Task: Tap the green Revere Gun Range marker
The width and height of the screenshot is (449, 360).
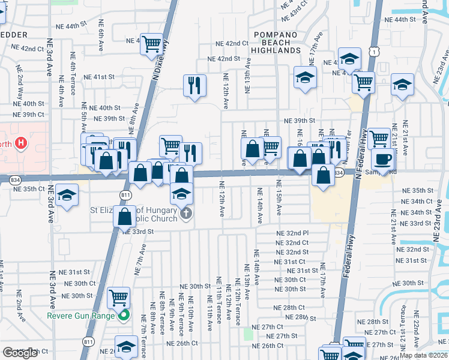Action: click(124, 315)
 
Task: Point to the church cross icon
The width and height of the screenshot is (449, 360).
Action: click(186, 212)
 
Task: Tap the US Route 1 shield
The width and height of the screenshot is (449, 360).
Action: click(373, 52)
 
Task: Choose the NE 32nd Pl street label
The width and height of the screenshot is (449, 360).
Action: click(292, 233)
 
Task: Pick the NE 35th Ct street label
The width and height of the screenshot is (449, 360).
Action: click(29, 188)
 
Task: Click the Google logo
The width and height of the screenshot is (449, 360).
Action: click(20, 353)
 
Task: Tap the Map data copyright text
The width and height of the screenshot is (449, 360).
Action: click(423, 355)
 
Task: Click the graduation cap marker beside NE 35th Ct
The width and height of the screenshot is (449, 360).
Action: click(67, 196)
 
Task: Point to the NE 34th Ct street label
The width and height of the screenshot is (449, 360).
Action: click(416, 202)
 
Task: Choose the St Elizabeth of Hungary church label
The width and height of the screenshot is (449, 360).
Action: click(134, 215)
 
